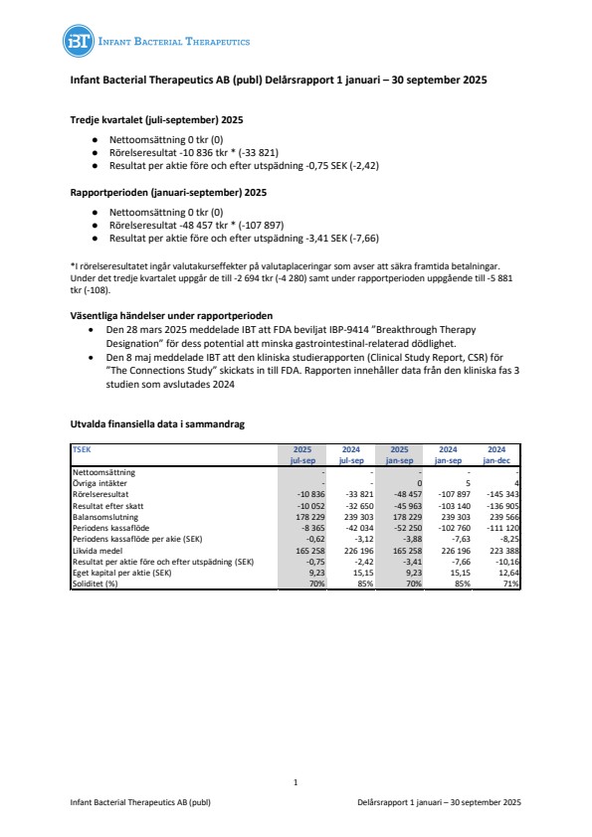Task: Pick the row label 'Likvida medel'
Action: pyautogui.click(x=99, y=548)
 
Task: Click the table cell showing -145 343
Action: pyautogui.click(x=500, y=492)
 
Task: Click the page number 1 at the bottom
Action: pyautogui.click(x=296, y=783)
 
